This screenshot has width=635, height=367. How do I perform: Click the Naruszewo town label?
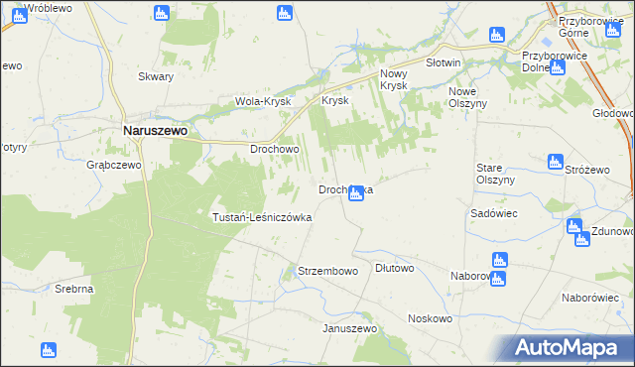(x=156, y=129)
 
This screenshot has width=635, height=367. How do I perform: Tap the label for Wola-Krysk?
(x=261, y=101)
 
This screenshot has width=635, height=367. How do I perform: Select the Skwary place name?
(x=156, y=76)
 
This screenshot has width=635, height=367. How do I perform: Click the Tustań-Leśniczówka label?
(x=263, y=216)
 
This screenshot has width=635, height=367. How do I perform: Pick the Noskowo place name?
(x=430, y=318)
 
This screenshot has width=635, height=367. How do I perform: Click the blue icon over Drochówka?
(x=356, y=194)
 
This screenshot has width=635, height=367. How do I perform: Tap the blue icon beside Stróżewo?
(x=556, y=161)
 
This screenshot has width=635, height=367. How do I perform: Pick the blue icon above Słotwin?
(x=497, y=36)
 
